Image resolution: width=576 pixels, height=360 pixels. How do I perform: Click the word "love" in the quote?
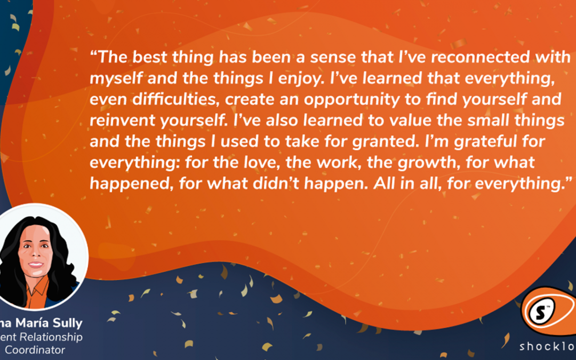click(244, 163)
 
